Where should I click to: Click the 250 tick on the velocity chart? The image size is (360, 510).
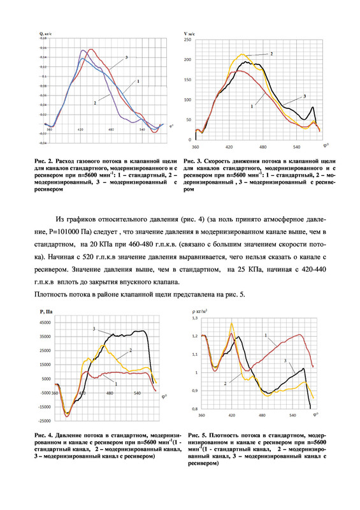point(188,40)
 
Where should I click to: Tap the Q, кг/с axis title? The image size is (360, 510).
point(45,31)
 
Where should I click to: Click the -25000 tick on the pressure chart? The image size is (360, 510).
point(44,421)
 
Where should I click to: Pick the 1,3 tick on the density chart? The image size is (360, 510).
point(195,317)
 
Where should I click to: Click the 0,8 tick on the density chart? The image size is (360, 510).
point(195,408)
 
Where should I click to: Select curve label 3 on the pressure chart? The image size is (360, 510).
point(94,328)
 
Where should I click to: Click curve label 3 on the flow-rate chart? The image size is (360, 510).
point(126,57)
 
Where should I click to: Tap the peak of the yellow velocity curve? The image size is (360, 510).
point(242,55)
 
